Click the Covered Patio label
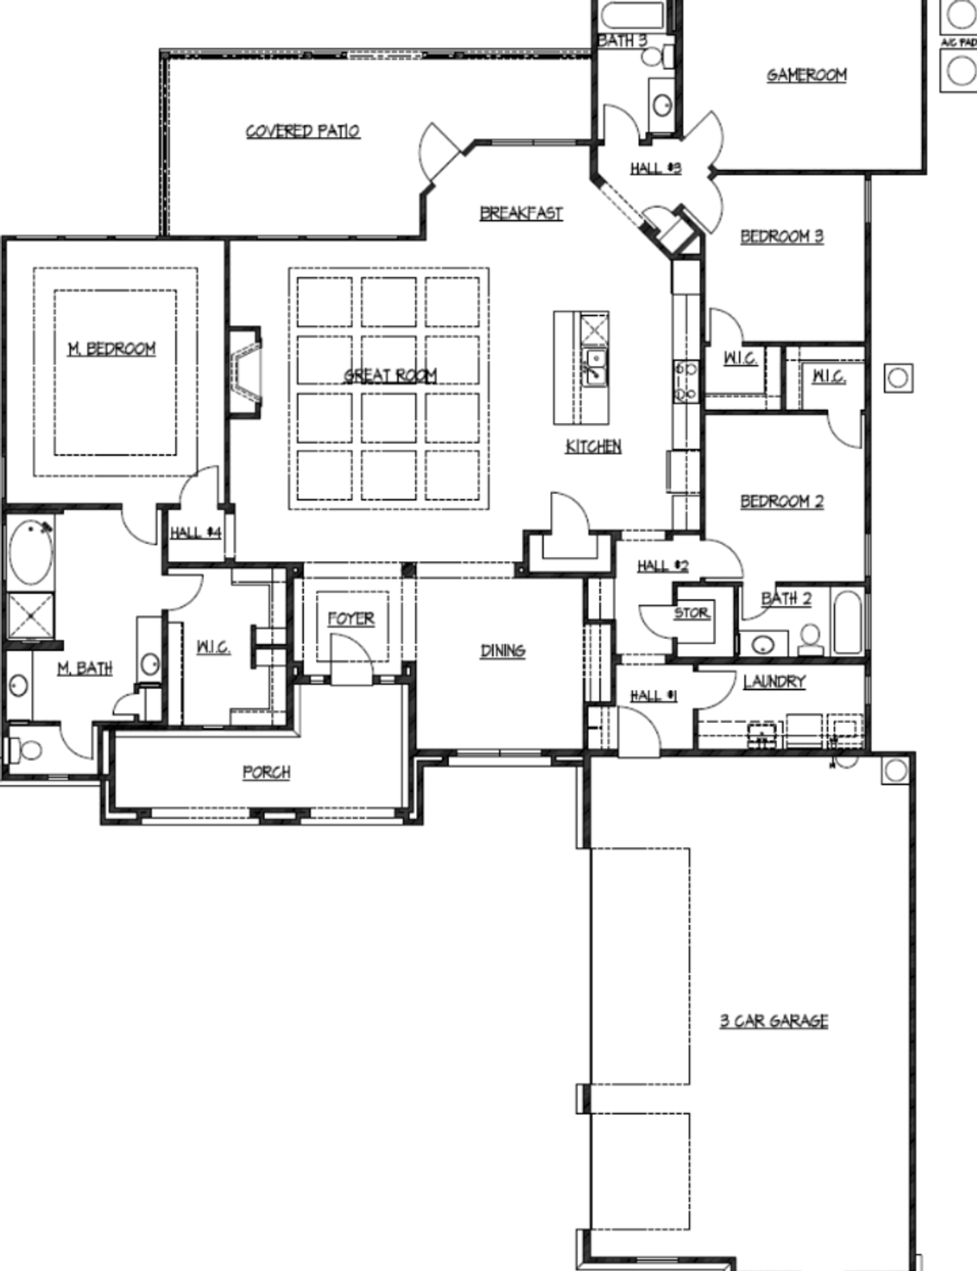tap(302, 131)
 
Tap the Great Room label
tap(390, 375)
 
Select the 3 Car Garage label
tap(773, 1021)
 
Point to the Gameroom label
tap(806, 75)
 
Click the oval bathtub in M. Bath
tap(31, 552)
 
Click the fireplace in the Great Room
tap(246, 372)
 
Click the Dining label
tap(502, 650)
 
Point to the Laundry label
tap(774, 681)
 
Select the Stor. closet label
tap(692, 613)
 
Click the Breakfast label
tap(521, 213)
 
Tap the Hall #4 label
tap(195, 532)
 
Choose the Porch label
tap(266, 773)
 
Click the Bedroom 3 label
tap(782, 236)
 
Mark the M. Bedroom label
tap(111, 349)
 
